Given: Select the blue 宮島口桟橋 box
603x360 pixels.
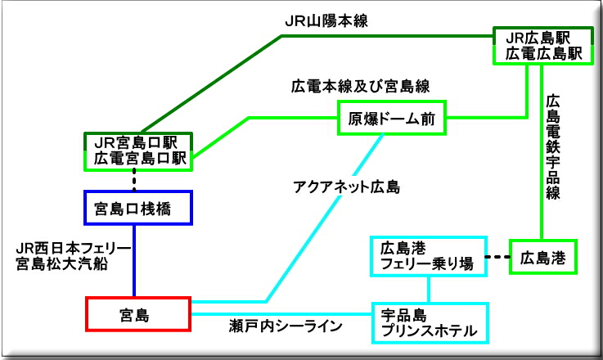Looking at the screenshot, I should click(137, 208).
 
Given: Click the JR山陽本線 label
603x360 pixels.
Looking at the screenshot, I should click(325, 22).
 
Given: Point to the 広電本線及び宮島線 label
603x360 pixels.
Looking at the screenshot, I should click(360, 86).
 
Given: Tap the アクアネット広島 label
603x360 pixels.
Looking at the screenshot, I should click(346, 187).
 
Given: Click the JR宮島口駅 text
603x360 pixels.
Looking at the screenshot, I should click(137, 142).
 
